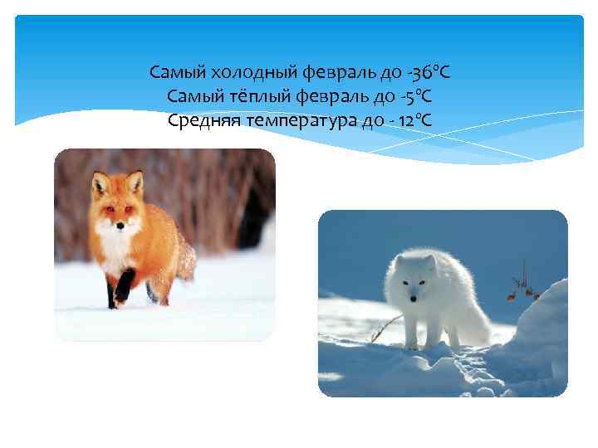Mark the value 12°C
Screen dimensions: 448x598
click(414, 121)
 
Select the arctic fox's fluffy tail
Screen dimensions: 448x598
click(474, 316)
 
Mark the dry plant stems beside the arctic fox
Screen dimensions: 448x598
click(522, 283)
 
